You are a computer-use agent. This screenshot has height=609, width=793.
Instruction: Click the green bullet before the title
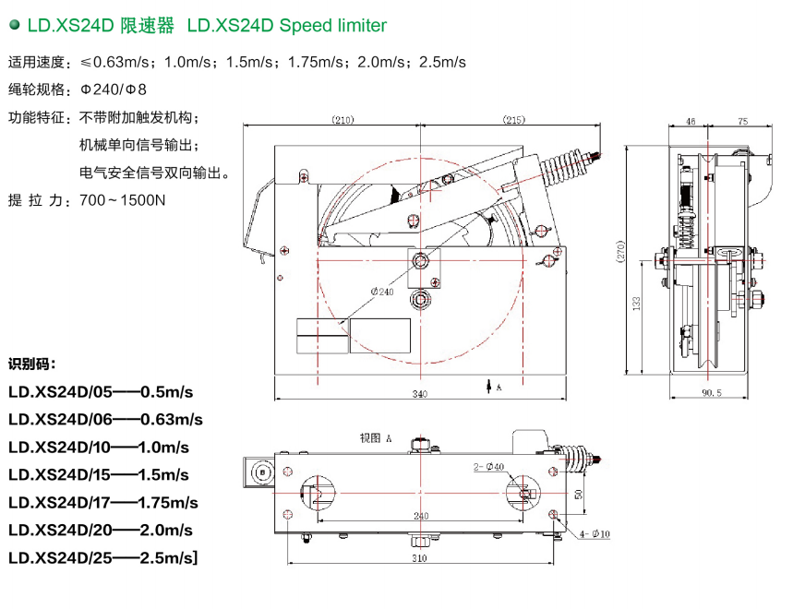pyautogui.click(x=13, y=26)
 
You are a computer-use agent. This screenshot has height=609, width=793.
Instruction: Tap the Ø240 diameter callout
pyautogui.click(x=382, y=292)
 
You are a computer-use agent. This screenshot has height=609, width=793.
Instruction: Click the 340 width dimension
pyautogui.click(x=419, y=395)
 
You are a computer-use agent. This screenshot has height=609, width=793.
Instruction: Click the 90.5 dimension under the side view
pyautogui.click(x=710, y=394)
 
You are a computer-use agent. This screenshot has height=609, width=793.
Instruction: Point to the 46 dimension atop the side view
pyautogui.click(x=691, y=121)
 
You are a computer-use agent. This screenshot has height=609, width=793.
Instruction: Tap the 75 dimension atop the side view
pyautogui.click(x=743, y=121)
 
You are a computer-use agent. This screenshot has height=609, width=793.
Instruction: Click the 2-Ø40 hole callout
pyautogui.click(x=488, y=467)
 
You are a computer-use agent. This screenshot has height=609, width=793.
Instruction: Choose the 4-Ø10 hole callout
pyautogui.click(x=595, y=533)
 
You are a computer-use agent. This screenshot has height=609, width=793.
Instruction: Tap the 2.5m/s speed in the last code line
pyautogui.click(x=166, y=558)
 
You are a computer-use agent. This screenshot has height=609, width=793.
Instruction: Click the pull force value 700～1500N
pyautogui.click(x=122, y=200)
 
